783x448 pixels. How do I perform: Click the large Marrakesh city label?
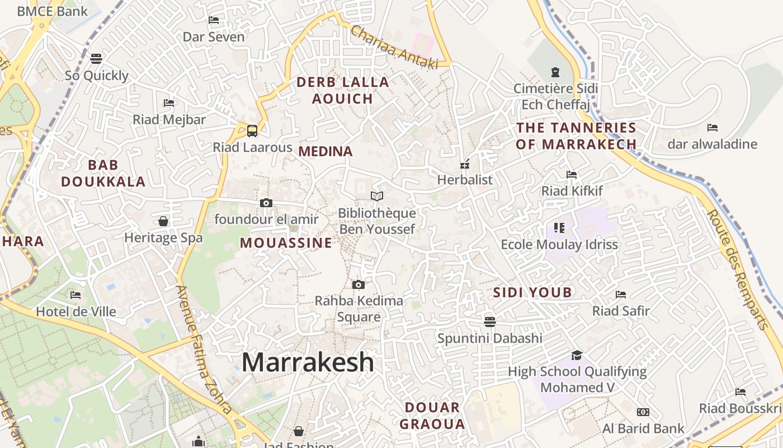[x=308, y=362]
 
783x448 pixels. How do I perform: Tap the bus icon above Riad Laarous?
[x=252, y=131]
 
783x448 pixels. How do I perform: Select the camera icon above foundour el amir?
[x=266, y=203]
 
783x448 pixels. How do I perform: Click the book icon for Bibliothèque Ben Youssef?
[x=378, y=196]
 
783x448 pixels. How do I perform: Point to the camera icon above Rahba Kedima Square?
[x=359, y=284]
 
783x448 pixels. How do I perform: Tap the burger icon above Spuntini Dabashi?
[x=490, y=321]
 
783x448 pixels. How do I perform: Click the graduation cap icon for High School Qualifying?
[x=577, y=355]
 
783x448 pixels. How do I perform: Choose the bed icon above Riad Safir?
[x=621, y=294]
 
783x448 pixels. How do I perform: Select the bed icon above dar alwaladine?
[x=712, y=128]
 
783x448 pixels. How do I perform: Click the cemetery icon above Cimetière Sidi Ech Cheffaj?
[x=555, y=72]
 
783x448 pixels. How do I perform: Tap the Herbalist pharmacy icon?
[x=464, y=164]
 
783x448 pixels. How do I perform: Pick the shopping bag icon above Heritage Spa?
[x=163, y=221]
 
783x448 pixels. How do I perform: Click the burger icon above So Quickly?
[x=96, y=59]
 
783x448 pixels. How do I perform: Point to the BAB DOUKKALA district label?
[x=103, y=173]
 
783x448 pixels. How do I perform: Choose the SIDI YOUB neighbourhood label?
[x=532, y=292]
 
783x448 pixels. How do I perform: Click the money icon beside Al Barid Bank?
[x=643, y=412]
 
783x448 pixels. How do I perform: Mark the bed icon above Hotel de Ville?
[x=76, y=295]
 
